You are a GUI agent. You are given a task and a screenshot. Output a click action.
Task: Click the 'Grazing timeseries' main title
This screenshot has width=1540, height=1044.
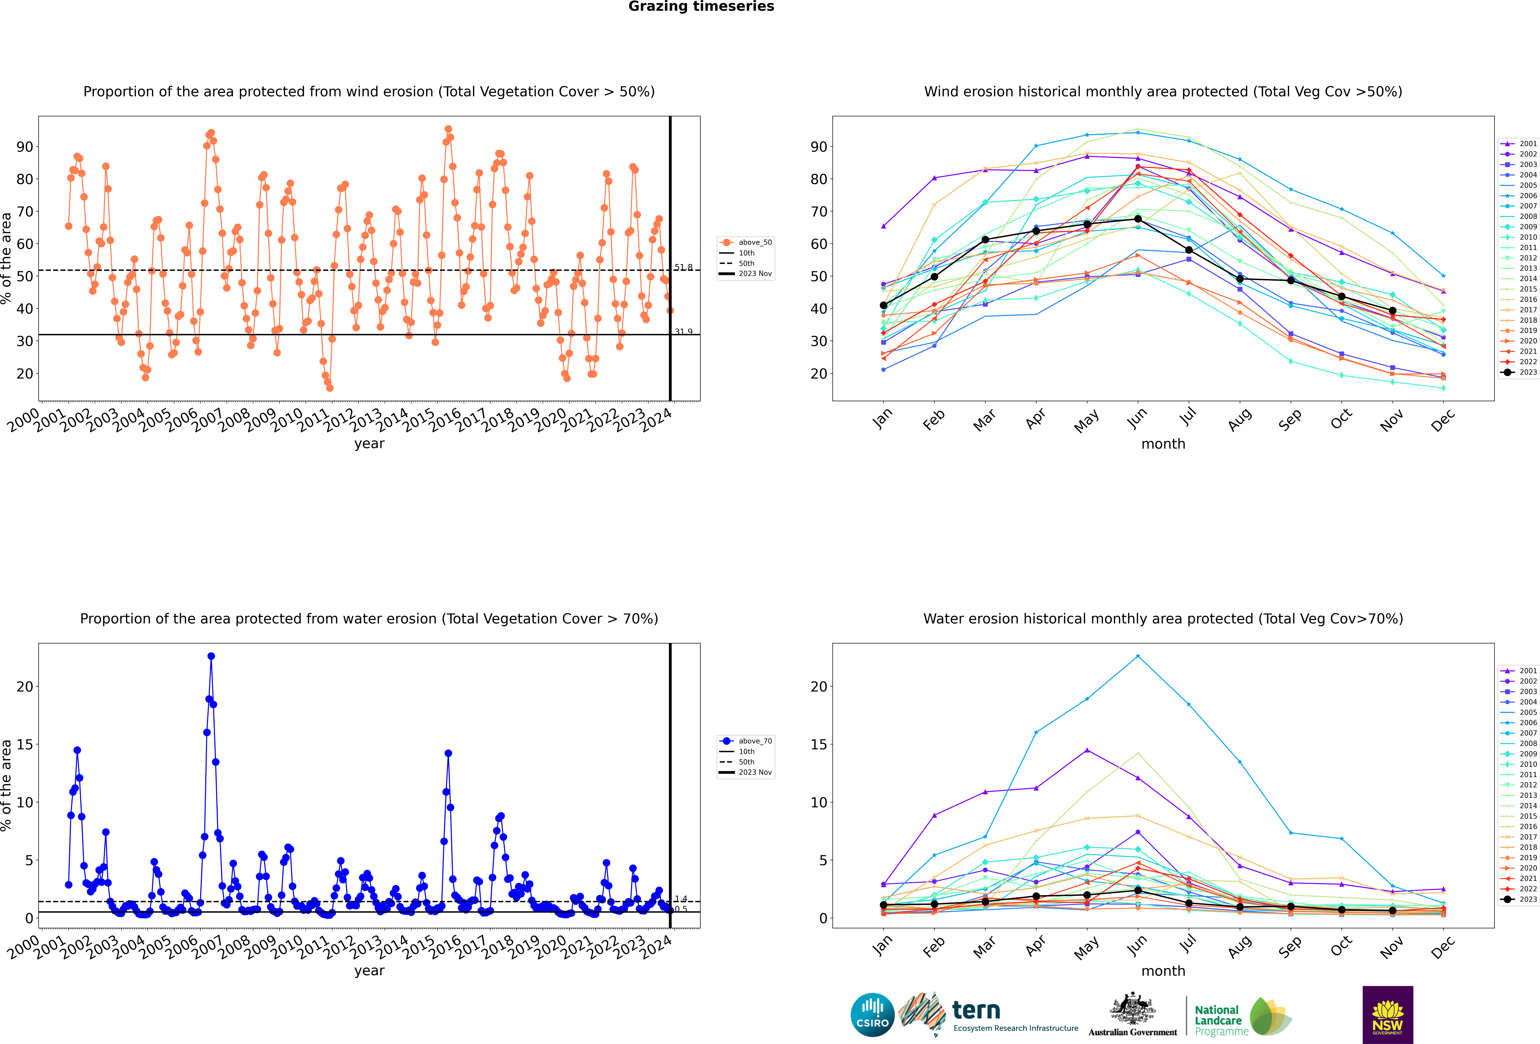pyautogui.click(x=701, y=7)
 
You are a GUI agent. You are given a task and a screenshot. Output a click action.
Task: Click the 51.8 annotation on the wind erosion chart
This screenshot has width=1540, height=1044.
pyautogui.click(x=683, y=267)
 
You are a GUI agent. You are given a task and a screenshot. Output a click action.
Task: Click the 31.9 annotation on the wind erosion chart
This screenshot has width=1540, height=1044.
pyautogui.click(x=683, y=331)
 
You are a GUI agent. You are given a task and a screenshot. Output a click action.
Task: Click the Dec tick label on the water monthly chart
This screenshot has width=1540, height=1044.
pyautogui.click(x=1443, y=947)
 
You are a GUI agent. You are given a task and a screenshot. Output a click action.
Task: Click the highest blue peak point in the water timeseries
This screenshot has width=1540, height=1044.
pyautogui.click(x=211, y=656)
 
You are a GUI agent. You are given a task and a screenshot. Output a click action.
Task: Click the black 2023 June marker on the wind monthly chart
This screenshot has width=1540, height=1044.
pyautogui.click(x=1138, y=219)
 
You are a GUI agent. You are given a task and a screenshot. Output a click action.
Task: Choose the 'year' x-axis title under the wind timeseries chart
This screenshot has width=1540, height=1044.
pyautogui.click(x=369, y=444)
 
